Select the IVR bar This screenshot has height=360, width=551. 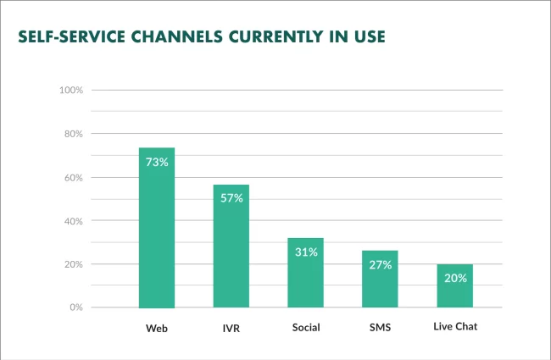tap(231, 246)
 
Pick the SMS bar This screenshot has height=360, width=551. tap(380, 279)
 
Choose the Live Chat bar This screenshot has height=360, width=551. tap(454, 285)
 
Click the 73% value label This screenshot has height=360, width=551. tap(157, 161)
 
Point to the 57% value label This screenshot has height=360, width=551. tap(231, 197)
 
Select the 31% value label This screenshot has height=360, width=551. tap(305, 252)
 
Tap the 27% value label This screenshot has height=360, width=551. tap(380, 264)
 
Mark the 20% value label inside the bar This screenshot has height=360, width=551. tap(454, 278)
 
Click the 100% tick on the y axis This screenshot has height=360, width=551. tap(70, 91)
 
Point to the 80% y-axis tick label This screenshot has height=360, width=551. tap(71, 134)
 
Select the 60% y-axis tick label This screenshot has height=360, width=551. tap(71, 178)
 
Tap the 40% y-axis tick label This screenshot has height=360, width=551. tap(71, 221)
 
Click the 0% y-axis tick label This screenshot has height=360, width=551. tap(74, 307)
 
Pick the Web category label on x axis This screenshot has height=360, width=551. tap(157, 327)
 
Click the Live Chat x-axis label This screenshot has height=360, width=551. tap(454, 326)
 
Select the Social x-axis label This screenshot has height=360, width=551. tap(305, 327)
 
